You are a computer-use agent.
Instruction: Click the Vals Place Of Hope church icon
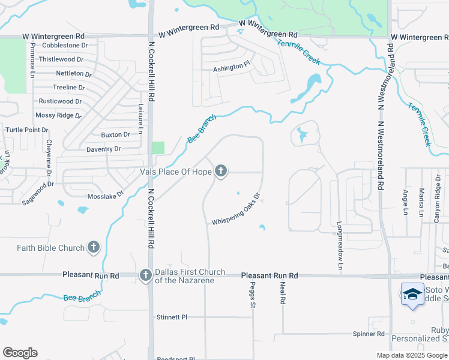(221, 172)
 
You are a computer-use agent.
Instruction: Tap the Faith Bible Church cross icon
(93, 247)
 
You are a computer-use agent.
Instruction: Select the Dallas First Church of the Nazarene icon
(145, 275)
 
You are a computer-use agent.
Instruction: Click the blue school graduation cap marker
(412, 294)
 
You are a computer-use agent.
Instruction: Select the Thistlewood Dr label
(62, 59)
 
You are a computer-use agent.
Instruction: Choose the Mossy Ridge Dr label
(58, 115)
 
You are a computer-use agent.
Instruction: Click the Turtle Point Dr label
(27, 130)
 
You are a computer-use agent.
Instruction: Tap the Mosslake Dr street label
(104, 196)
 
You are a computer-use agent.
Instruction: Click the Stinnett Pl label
(172, 317)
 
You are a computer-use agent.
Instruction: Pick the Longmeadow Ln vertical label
(340, 245)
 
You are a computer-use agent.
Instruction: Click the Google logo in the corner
(20, 353)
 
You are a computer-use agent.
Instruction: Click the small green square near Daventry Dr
(158, 148)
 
